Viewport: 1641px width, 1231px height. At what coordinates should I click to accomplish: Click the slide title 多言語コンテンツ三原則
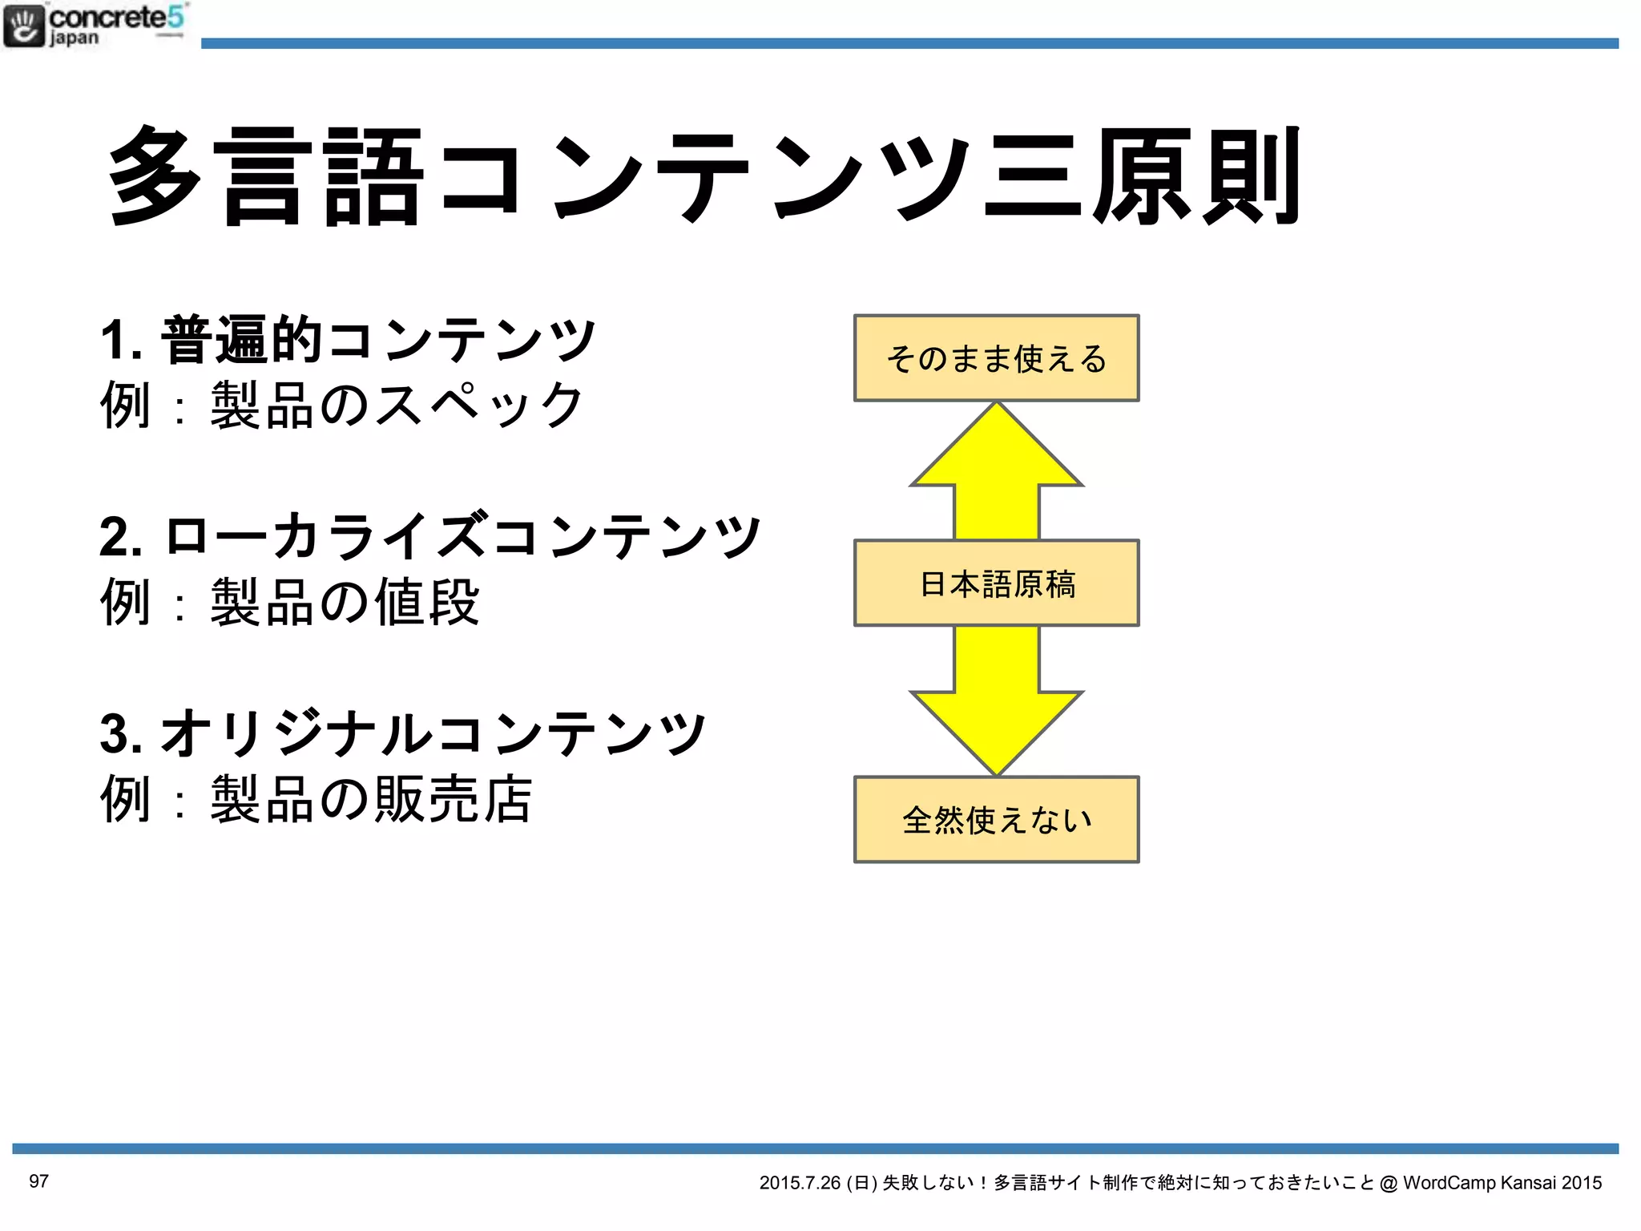tap(704, 176)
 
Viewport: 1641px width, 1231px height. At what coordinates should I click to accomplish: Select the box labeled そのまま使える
tap(996, 358)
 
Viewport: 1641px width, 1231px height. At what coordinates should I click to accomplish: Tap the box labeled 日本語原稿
tap(996, 583)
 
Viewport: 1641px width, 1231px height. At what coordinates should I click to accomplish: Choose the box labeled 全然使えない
tap(996, 819)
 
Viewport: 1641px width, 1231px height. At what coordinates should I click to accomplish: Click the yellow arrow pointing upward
tap(996, 473)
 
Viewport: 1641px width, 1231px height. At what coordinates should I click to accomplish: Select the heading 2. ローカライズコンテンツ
tap(430, 536)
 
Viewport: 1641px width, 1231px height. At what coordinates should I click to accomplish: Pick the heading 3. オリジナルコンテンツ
tap(403, 733)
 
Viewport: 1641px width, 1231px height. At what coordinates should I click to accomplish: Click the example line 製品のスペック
tap(342, 406)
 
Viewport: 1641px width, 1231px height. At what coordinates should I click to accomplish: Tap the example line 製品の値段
tap(290, 602)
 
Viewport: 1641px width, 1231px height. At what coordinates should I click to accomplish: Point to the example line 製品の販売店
tap(317, 799)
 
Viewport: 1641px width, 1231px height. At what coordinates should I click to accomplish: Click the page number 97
tap(38, 1181)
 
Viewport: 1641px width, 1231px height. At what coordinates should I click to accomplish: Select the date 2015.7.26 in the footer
tap(800, 1183)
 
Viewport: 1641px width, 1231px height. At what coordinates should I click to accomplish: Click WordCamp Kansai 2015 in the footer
tap(1502, 1183)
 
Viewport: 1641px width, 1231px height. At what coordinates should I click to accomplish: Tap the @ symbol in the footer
tap(1389, 1183)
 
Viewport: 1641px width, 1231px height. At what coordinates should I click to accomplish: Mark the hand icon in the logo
tap(24, 26)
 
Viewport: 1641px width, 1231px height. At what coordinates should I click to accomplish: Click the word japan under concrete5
tap(74, 38)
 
